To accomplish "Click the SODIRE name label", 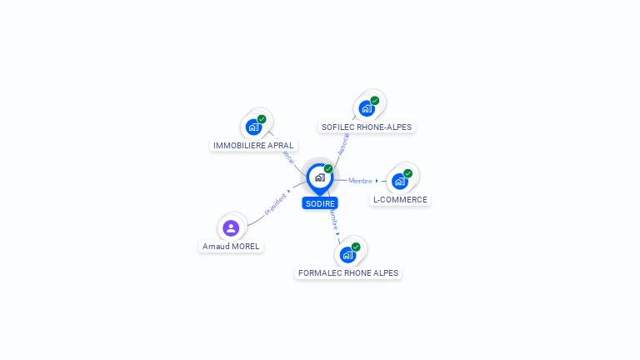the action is point(320,203).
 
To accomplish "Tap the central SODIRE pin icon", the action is point(319,177).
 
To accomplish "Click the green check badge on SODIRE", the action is point(328,169).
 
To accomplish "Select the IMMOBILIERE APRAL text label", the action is point(253,145).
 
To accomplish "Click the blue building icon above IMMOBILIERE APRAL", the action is point(253,127).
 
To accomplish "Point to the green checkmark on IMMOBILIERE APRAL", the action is point(262,119).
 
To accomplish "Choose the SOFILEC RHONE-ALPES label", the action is point(366,127).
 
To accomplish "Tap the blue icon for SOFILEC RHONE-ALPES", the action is point(366,108).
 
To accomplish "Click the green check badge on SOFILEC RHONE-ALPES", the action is point(375,101).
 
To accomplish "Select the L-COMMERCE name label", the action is point(400,199).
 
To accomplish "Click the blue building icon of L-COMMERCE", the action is point(399,181).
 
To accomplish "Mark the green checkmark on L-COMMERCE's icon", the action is point(407,173).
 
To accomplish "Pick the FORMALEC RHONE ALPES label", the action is point(348,272).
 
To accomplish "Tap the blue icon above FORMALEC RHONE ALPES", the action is point(347,254).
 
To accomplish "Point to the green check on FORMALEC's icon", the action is point(356,247).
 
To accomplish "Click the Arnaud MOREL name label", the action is point(231,246).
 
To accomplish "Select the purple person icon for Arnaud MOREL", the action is point(231,227).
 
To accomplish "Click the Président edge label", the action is point(276,205).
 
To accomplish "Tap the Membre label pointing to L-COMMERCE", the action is point(360,181).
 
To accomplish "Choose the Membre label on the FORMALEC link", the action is point(333,220).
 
